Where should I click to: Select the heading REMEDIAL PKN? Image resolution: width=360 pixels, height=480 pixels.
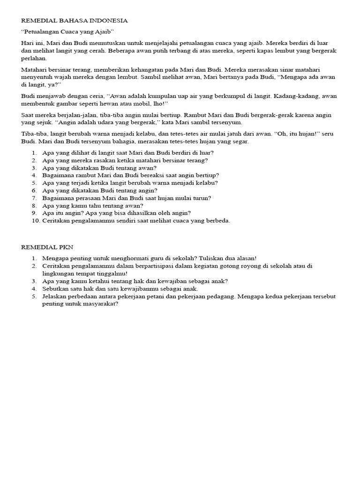[47, 247]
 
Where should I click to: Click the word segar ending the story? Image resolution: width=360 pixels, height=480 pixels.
[240, 141]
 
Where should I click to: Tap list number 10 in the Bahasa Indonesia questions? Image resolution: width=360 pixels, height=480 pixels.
[36, 221]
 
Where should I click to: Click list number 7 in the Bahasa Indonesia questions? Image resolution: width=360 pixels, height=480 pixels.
[34, 198]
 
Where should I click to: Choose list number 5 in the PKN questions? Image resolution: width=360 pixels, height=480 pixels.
[34, 296]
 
